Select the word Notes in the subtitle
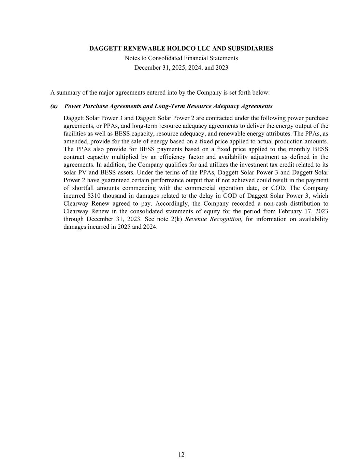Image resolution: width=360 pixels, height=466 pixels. (132, 58)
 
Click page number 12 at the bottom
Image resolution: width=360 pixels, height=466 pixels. (181, 454)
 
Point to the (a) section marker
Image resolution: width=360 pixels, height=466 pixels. (54, 106)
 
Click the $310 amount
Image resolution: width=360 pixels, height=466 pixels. (94, 196)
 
